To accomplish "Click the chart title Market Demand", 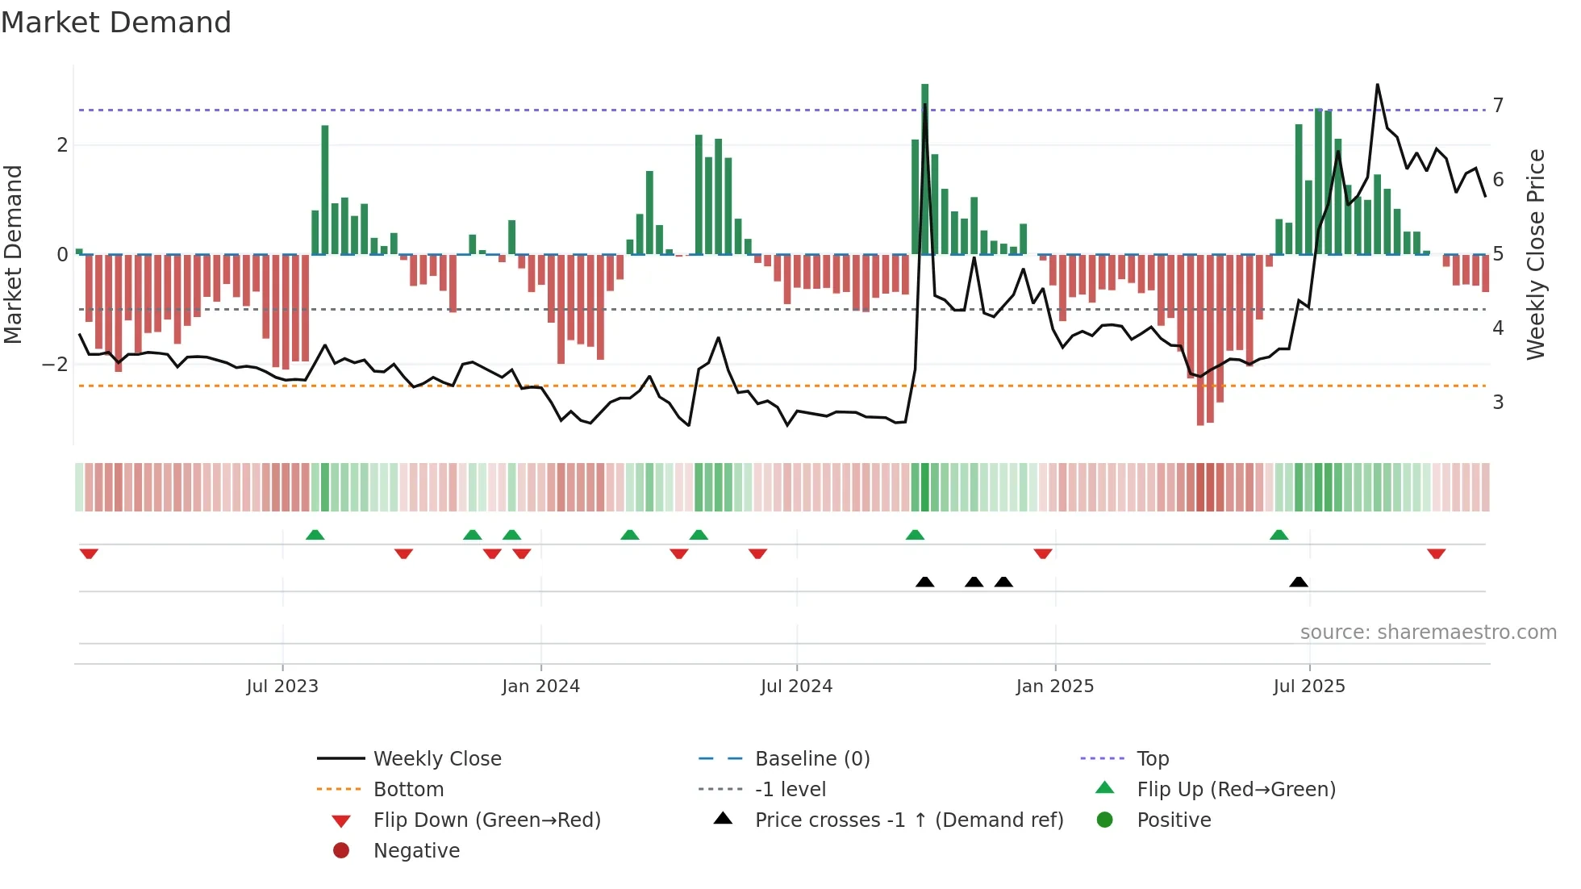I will pos(116,23).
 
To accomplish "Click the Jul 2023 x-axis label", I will pos(282,687).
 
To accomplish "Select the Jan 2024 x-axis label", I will pos(540,687).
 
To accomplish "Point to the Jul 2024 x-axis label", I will pos(796,687).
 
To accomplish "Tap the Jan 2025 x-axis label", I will pos(1054,687).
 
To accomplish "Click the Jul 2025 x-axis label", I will pos(1309,687).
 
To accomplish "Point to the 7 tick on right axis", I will pos(1498,106).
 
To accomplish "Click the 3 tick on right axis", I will pos(1498,403).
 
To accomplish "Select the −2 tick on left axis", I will pos(56,365).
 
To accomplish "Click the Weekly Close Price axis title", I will pos(1536,254).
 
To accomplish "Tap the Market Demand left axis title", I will pos(14,254).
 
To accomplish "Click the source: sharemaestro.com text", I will pos(1428,632).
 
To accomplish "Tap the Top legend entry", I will pos(1153,759).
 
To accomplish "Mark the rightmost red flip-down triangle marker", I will pos(1436,553).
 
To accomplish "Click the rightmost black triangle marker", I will pos(1298,582).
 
